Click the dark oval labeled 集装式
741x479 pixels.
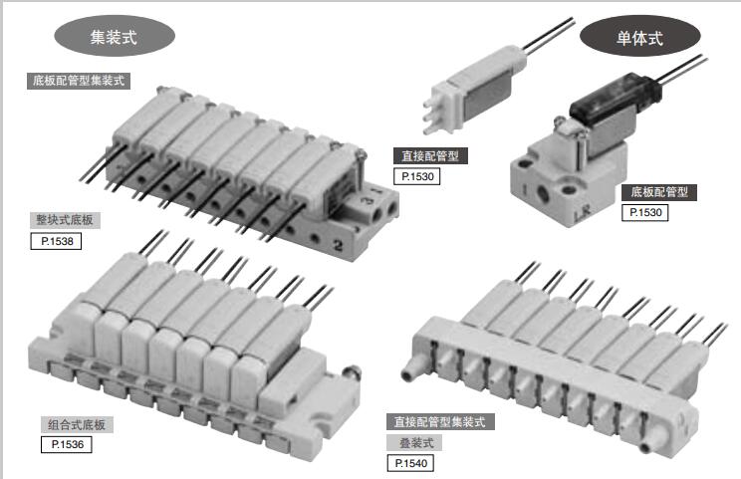click(x=115, y=36)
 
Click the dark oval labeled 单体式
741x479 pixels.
click(x=639, y=38)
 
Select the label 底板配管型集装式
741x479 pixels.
click(x=79, y=81)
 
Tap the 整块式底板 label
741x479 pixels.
click(x=65, y=220)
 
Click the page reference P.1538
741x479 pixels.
click(x=56, y=241)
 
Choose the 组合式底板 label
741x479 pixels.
click(x=77, y=424)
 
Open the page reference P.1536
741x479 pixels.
click(x=67, y=444)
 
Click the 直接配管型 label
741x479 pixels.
click(x=430, y=156)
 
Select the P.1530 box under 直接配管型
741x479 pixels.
click(x=416, y=176)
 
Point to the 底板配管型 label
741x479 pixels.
click(x=659, y=192)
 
